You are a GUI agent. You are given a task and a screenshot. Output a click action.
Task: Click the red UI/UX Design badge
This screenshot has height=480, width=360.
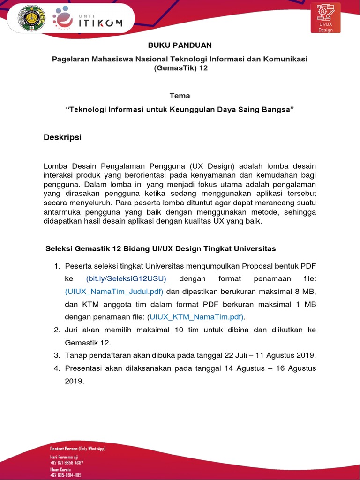(325, 18)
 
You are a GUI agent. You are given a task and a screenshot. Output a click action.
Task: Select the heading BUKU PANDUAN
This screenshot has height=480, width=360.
(180, 45)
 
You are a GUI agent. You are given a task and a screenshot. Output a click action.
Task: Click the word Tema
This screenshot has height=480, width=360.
(180, 96)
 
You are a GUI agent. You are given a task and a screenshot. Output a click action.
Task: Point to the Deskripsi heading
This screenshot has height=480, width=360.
(62, 137)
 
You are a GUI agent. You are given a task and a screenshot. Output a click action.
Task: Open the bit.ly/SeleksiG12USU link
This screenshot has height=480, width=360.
(126, 279)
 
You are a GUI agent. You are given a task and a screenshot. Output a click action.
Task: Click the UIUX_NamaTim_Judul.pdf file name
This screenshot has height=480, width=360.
(114, 292)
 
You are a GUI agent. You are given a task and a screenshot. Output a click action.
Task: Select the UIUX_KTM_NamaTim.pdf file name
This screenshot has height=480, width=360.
(196, 317)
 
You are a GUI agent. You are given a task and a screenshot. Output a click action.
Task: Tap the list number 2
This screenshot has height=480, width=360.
(57, 330)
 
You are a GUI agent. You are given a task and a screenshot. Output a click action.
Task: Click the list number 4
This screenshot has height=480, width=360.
(57, 368)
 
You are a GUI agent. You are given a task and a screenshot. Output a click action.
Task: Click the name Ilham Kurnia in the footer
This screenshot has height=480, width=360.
(60, 469)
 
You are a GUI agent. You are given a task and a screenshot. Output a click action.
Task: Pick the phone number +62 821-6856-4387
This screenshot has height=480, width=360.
(67, 463)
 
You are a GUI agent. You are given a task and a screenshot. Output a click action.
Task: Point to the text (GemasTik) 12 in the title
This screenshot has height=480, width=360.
(180, 68)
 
